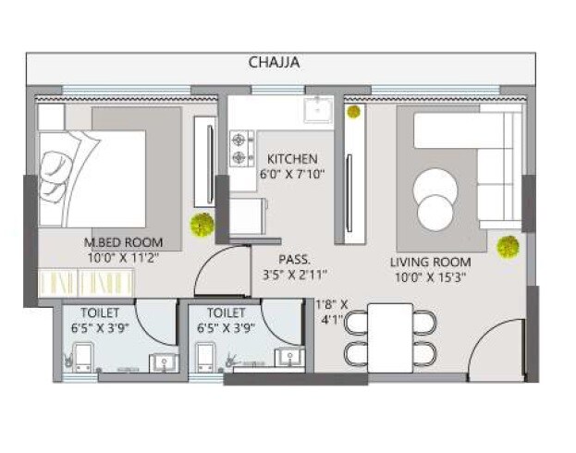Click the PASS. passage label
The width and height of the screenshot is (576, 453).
[x=295, y=260]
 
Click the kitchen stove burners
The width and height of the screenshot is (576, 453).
[x=241, y=141]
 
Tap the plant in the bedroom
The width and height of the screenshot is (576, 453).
[x=201, y=224]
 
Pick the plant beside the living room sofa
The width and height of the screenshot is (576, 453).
[x=507, y=247]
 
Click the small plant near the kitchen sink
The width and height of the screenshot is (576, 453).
[x=353, y=112]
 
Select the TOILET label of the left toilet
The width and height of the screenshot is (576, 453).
[x=99, y=312]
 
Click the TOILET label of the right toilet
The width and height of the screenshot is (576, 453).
[x=227, y=312]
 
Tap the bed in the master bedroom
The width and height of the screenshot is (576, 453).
[x=92, y=176]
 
